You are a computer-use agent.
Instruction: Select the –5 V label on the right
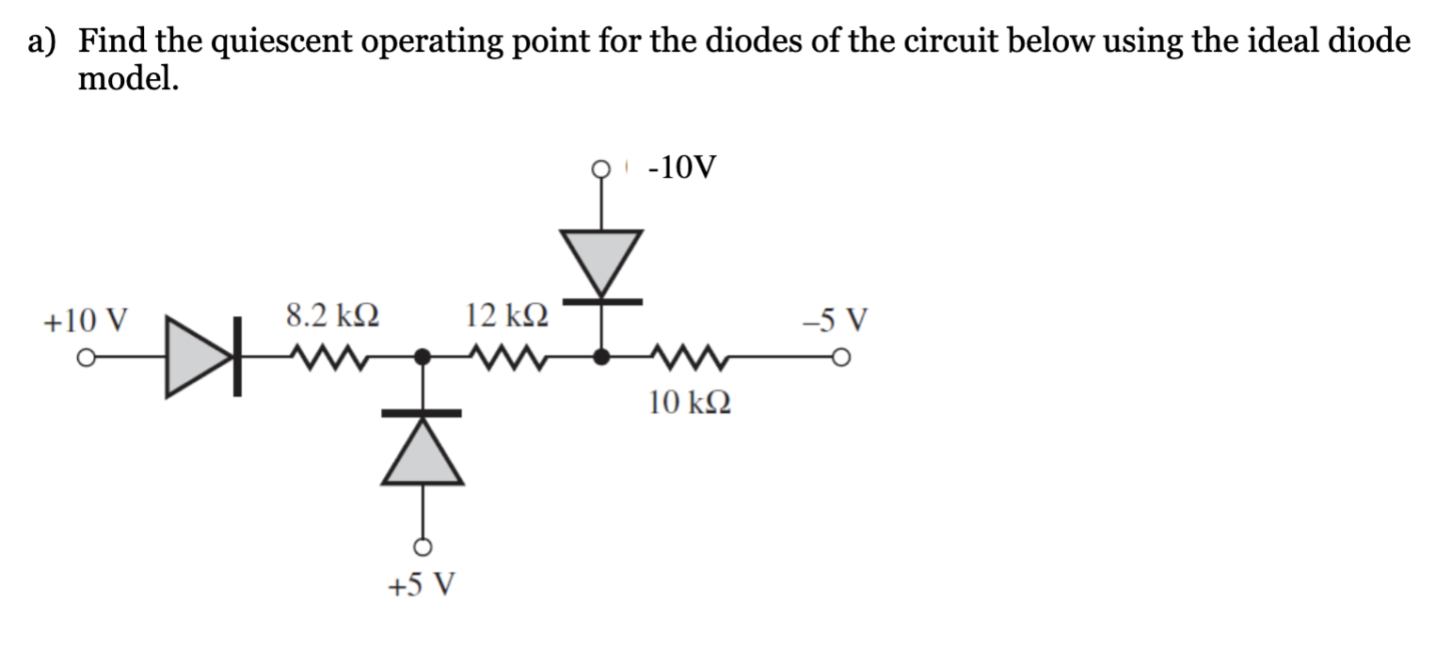pyautogui.click(x=838, y=320)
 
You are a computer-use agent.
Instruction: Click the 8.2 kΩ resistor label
pyautogui.click(x=333, y=316)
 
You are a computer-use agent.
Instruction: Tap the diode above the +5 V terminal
pyautogui.click(x=423, y=449)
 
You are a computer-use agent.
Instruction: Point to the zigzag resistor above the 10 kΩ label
pyautogui.click(x=688, y=358)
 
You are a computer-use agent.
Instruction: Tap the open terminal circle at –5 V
pyautogui.click(x=843, y=358)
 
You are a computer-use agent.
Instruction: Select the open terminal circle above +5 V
pyautogui.click(x=423, y=547)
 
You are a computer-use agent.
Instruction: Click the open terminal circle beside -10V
pyautogui.click(x=601, y=169)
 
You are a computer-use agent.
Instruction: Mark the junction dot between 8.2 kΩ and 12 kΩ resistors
pyautogui.click(x=423, y=358)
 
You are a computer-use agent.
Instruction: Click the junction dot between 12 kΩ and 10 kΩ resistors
pyautogui.click(x=601, y=358)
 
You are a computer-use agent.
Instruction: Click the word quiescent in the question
pyautogui.click(x=295, y=42)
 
